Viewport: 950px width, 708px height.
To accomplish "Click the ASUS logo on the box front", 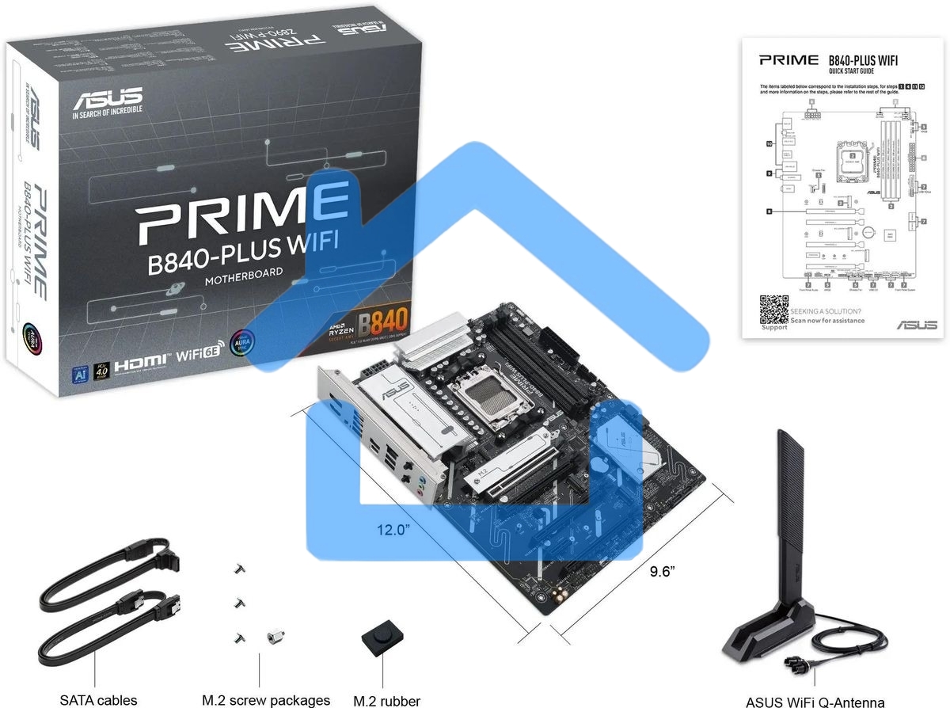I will tap(108, 100).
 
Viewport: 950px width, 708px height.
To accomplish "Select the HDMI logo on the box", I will tap(142, 365).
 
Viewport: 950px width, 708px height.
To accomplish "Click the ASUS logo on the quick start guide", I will tap(917, 325).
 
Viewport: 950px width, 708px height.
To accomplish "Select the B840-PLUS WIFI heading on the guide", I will tap(863, 60).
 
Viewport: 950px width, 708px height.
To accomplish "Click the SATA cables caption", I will tap(93, 700).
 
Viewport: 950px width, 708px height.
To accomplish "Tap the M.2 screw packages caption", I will tap(266, 700).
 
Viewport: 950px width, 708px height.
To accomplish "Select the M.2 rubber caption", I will tap(386, 700).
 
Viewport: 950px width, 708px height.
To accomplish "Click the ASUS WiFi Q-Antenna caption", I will tap(815, 701).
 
